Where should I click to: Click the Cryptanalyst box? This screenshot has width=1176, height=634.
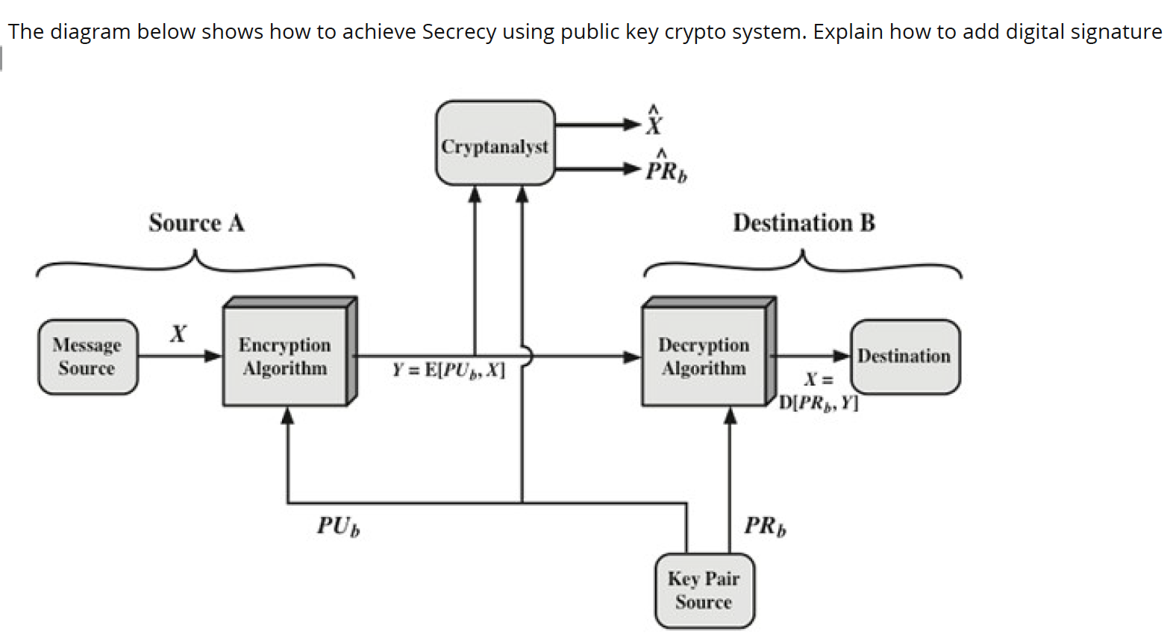pyautogui.click(x=495, y=143)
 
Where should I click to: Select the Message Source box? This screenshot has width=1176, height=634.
pyautogui.click(x=87, y=357)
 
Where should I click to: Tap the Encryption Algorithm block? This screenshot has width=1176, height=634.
pyautogui.click(x=284, y=357)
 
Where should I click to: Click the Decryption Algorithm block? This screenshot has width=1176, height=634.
pyautogui.click(x=704, y=357)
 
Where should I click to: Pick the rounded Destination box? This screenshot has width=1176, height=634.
pyautogui.click(x=904, y=356)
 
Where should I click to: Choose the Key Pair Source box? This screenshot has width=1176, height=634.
pyautogui.click(x=704, y=590)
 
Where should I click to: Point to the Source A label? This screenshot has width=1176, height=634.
pyautogui.click(x=196, y=223)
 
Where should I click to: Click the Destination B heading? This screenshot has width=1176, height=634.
pyautogui.click(x=804, y=223)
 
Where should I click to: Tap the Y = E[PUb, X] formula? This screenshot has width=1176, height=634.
pyautogui.click(x=448, y=371)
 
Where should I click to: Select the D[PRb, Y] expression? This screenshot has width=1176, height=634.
pyautogui.click(x=819, y=404)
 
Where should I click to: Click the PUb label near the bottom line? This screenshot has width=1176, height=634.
pyautogui.click(x=338, y=526)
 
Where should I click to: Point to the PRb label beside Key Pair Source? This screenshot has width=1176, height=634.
pyautogui.click(x=765, y=526)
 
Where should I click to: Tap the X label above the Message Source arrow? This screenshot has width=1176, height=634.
pyautogui.click(x=178, y=333)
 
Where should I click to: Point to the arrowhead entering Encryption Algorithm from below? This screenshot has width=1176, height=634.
pyautogui.click(x=287, y=415)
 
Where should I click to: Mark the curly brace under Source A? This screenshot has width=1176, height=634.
pyautogui.click(x=196, y=264)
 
